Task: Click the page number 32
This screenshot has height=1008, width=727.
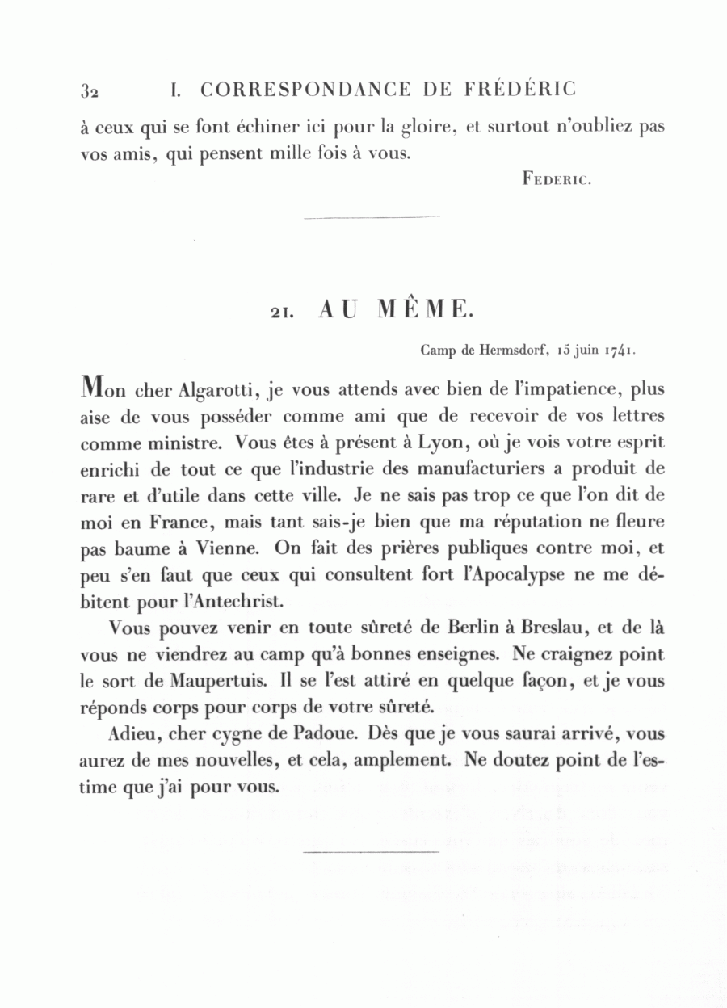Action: point(89,90)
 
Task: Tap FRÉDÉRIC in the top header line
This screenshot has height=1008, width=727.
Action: point(520,89)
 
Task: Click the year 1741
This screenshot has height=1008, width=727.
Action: point(616,351)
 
